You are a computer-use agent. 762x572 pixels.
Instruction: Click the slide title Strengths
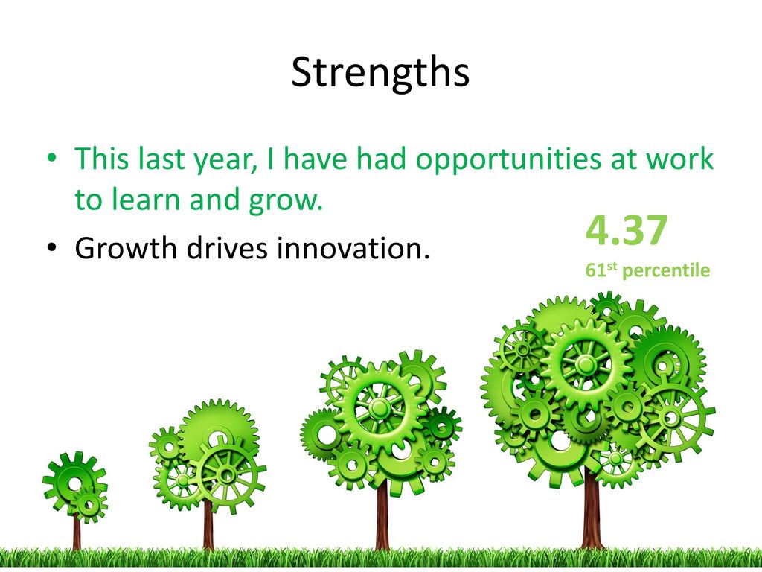click(x=380, y=73)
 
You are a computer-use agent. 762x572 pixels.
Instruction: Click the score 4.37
click(x=627, y=230)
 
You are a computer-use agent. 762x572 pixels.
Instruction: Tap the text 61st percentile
click(x=647, y=270)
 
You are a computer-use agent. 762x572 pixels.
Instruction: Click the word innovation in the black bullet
click(x=353, y=248)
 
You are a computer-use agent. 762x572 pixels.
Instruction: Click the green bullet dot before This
click(x=52, y=159)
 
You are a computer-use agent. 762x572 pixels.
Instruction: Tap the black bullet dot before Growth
click(x=52, y=247)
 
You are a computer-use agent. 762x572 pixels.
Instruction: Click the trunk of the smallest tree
click(x=77, y=530)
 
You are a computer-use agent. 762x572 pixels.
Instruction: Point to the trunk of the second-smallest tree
click(x=208, y=525)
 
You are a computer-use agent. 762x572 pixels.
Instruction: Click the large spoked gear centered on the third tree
click(x=380, y=407)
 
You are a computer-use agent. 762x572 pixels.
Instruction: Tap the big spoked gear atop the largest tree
click(x=586, y=365)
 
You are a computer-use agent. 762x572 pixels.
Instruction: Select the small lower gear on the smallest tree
click(x=89, y=505)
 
